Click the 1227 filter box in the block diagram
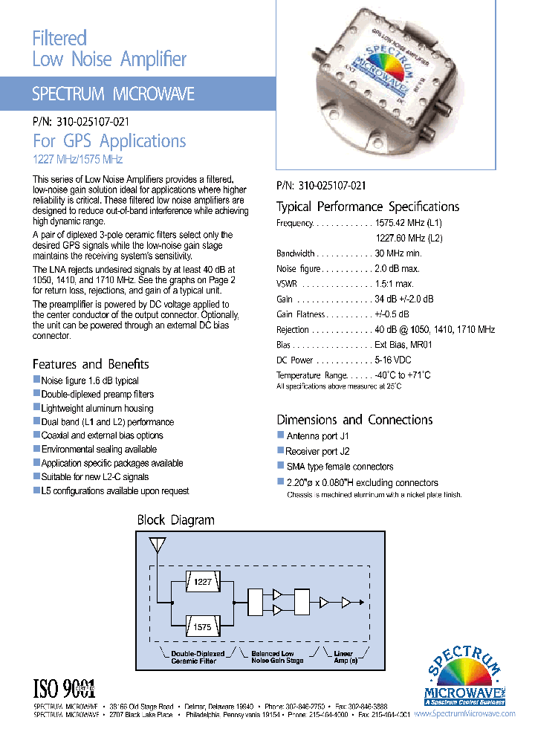tap(202, 583)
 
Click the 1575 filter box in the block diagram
tap(202, 626)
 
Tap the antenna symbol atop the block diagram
tap(157, 545)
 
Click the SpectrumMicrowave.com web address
tap(464, 713)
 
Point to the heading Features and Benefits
tap(91, 364)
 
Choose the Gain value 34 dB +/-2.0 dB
tap(403, 299)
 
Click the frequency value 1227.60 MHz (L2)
tap(409, 238)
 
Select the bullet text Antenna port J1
tap(318, 436)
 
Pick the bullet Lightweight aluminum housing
tap(97, 408)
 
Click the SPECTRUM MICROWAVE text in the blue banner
tap(113, 94)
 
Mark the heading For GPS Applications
tap(109, 141)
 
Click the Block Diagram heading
tap(175, 520)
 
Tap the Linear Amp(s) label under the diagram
tap(343, 657)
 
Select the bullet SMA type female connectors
tap(340, 467)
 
